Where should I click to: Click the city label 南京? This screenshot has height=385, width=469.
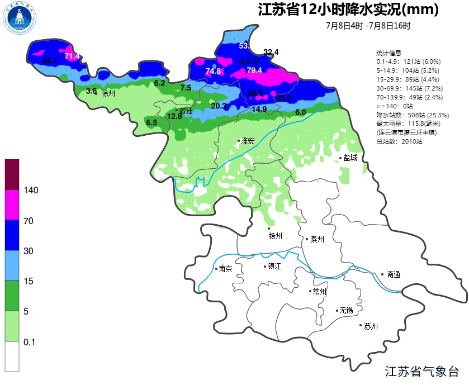point(226,269)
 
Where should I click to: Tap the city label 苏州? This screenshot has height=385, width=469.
point(371,326)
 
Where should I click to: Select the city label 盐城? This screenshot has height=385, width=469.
point(350,158)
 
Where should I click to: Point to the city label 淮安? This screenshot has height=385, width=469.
point(248,141)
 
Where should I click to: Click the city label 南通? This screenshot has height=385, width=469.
point(393,274)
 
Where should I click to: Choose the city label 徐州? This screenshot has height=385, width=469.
point(108,93)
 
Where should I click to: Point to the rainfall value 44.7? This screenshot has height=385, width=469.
point(50,60)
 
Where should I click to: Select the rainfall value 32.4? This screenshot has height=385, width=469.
point(271,52)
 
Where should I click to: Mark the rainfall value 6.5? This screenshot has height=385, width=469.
point(151,122)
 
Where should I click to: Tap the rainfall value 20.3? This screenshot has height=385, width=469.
point(219,106)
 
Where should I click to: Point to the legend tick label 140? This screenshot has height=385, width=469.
point(31,191)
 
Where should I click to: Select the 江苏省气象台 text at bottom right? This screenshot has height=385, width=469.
point(423,372)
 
